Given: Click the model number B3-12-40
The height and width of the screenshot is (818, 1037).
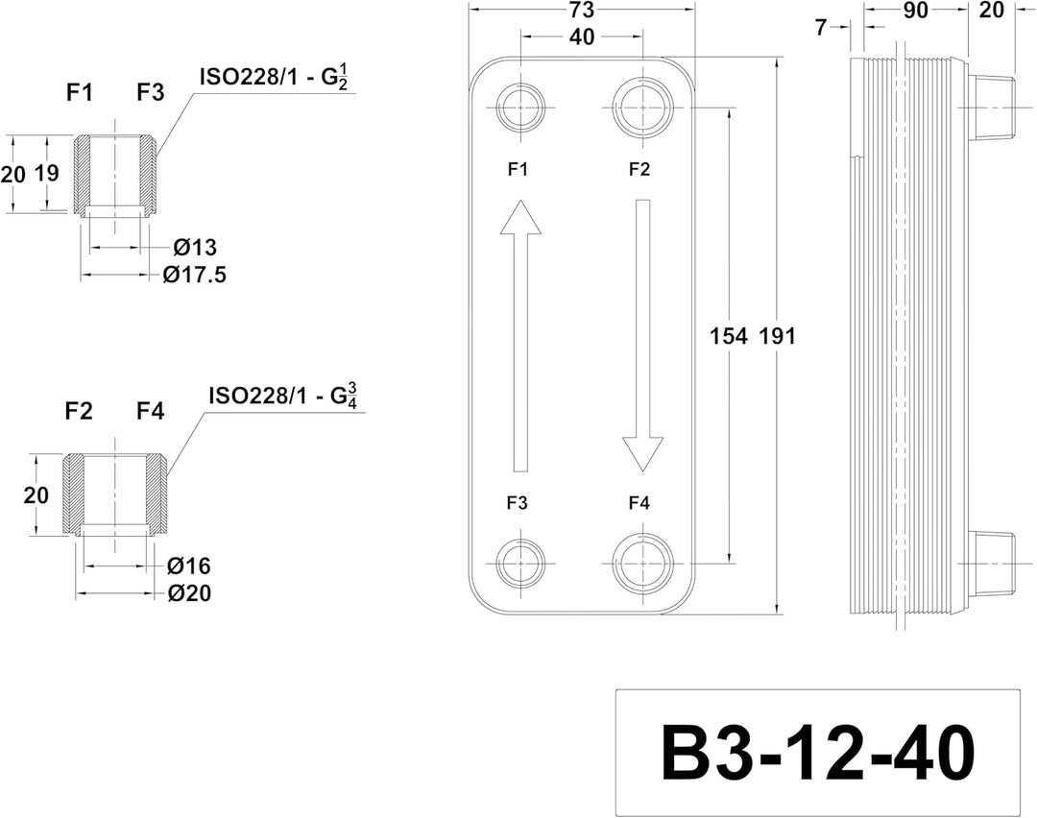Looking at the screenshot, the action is pyautogui.click(x=817, y=754).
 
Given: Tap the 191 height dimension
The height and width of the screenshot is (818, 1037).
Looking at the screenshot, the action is pyautogui.click(x=777, y=336).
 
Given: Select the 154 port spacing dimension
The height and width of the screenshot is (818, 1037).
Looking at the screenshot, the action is pyautogui.click(x=728, y=336).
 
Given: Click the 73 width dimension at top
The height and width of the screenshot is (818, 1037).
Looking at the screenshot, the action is pyautogui.click(x=581, y=10).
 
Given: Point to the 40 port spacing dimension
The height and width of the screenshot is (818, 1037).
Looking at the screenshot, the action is pyautogui.click(x=581, y=37).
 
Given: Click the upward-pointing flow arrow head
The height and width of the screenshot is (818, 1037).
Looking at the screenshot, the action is pyautogui.click(x=520, y=217).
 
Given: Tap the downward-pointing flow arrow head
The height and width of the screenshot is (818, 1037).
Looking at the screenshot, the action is pyautogui.click(x=642, y=454).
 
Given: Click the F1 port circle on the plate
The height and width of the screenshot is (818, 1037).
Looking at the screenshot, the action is pyautogui.click(x=520, y=108).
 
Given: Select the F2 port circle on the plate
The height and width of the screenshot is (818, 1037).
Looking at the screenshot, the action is pyautogui.click(x=642, y=108).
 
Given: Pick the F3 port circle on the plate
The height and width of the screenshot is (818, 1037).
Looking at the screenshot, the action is pyautogui.click(x=520, y=564).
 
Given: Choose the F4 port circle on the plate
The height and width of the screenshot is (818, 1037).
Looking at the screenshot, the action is pyautogui.click(x=642, y=564).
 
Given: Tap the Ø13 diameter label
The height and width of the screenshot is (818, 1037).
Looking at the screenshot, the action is pyautogui.click(x=195, y=248).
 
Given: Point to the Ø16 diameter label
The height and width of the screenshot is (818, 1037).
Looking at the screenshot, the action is pyautogui.click(x=189, y=566).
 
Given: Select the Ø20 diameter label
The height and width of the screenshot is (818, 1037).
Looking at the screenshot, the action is pyautogui.click(x=189, y=593).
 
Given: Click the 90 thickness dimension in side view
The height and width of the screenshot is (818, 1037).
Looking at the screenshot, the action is pyautogui.click(x=915, y=10).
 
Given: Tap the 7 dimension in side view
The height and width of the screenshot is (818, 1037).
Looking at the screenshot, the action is pyautogui.click(x=821, y=28).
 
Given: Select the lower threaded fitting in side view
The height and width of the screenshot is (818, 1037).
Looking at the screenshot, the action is pyautogui.click(x=991, y=565).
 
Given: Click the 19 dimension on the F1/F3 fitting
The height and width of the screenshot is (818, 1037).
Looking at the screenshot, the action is pyautogui.click(x=46, y=173).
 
